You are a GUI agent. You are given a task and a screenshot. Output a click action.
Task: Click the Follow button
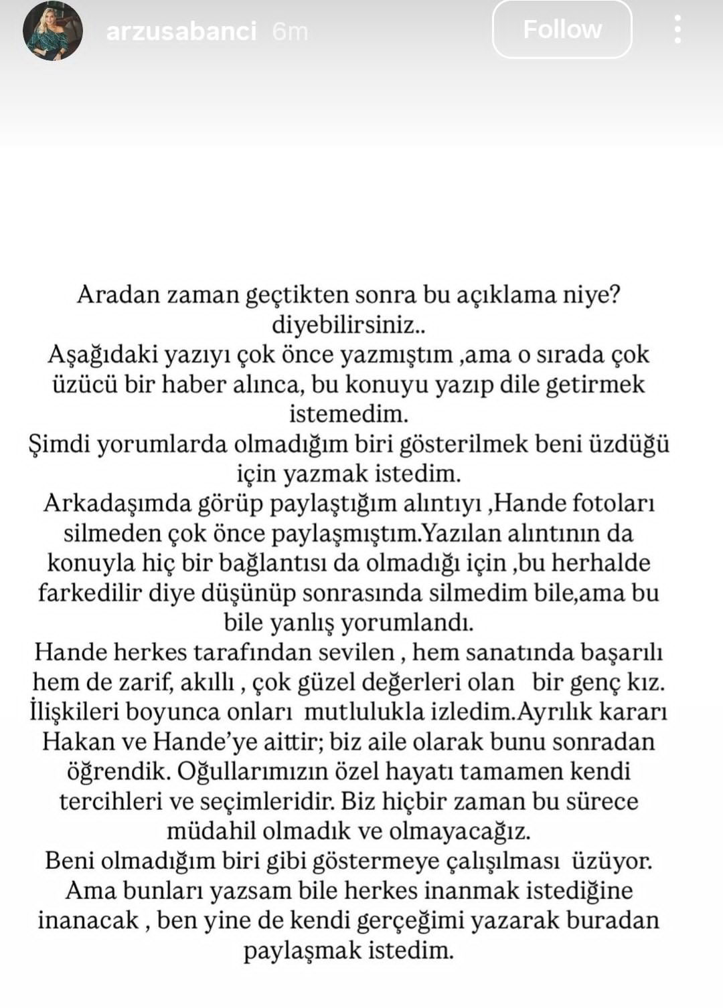(x=562, y=29)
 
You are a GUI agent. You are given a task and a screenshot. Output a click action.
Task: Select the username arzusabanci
(x=181, y=31)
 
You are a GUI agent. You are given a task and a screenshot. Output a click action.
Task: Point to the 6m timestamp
(x=290, y=31)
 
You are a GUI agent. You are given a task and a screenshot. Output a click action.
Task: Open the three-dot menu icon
(x=677, y=29)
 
